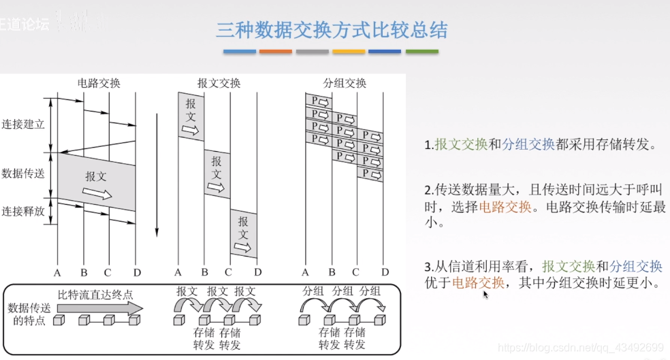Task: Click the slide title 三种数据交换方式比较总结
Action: click(x=332, y=30)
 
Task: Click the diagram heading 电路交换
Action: click(x=99, y=83)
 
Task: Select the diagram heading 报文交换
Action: click(x=219, y=83)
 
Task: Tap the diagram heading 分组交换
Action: click(x=345, y=83)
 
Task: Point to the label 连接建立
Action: click(x=23, y=125)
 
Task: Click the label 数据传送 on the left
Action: click(x=23, y=173)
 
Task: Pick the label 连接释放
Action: click(x=23, y=211)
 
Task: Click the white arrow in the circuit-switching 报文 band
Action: click(x=97, y=193)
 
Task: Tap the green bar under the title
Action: click(x=421, y=52)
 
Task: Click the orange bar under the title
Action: click(x=275, y=52)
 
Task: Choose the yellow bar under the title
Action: click(x=349, y=52)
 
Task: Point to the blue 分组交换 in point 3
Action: click(x=635, y=266)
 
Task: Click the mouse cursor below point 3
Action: click(x=485, y=295)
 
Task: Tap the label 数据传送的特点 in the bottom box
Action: click(x=27, y=314)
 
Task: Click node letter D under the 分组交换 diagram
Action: click(x=385, y=273)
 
